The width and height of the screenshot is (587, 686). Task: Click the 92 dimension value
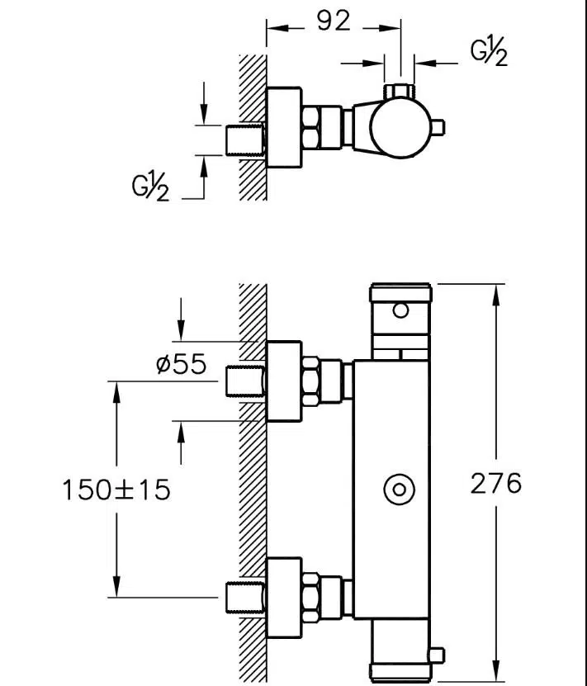coord(334,21)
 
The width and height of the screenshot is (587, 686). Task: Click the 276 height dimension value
coord(496,484)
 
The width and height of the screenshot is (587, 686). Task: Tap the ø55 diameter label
coord(181,363)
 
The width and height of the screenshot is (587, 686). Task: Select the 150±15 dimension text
coord(116,490)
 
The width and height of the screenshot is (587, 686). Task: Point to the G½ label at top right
coord(489,51)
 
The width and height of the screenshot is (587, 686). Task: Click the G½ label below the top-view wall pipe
coord(150,187)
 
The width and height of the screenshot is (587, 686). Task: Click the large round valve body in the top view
coord(400,127)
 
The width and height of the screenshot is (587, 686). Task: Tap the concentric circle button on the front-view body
coord(399,490)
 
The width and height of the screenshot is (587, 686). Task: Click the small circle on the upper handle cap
coord(400,310)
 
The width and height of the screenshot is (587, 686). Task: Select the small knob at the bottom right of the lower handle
coord(437,655)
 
